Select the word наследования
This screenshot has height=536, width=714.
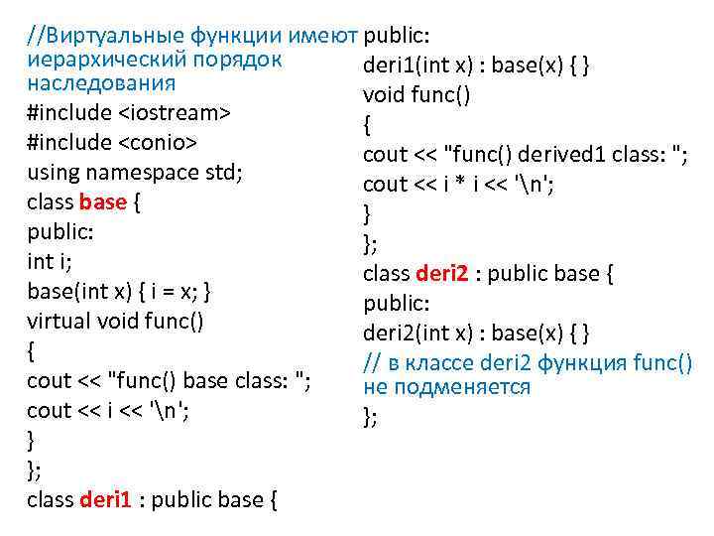[101, 82]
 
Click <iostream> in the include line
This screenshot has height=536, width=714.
[174, 112]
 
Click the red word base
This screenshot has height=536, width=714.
[103, 201]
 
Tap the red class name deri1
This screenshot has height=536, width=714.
[104, 499]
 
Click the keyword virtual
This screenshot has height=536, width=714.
[59, 321]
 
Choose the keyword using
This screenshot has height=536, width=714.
[54, 172]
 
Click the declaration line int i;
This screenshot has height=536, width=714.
[49, 261]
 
